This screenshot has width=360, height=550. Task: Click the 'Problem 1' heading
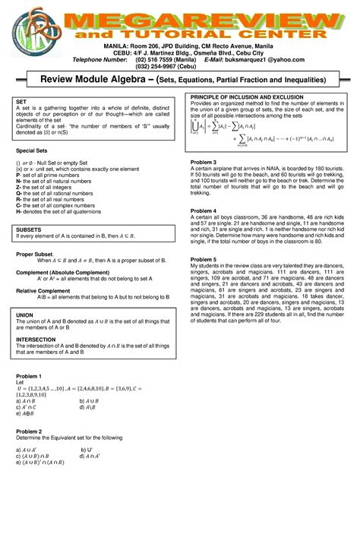[29, 377]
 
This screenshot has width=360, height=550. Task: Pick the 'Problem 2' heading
[29, 431]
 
